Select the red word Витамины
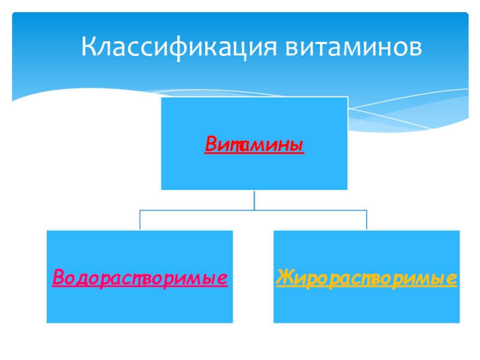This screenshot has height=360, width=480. point(254,145)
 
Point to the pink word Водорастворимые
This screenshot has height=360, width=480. point(140,278)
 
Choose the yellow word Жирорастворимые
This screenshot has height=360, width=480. point(366,278)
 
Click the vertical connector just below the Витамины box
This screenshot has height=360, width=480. point(254,200)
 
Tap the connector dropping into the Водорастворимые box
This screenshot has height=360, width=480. point(140,220)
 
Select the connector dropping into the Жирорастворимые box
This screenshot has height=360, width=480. point(367,220)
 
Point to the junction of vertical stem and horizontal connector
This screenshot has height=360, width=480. point(254,210)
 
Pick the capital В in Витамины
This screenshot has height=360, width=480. point(211,145)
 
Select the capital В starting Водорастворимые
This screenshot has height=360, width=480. point(58,278)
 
